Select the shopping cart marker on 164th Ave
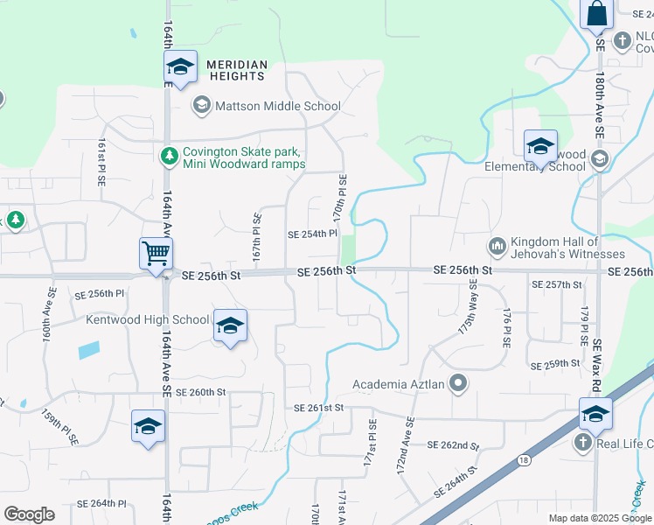click(x=156, y=255)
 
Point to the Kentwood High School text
click(x=148, y=319)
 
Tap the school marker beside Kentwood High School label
click(x=230, y=325)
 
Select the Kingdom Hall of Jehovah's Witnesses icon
click(x=497, y=247)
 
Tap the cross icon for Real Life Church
click(x=583, y=443)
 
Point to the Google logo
click(x=29, y=514)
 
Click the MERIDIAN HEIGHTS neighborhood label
click(x=236, y=70)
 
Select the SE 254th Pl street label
click(x=312, y=234)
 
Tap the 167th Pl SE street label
click(x=258, y=235)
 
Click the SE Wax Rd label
click(x=598, y=367)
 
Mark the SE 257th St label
click(x=557, y=284)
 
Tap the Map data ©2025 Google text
click(x=600, y=518)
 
